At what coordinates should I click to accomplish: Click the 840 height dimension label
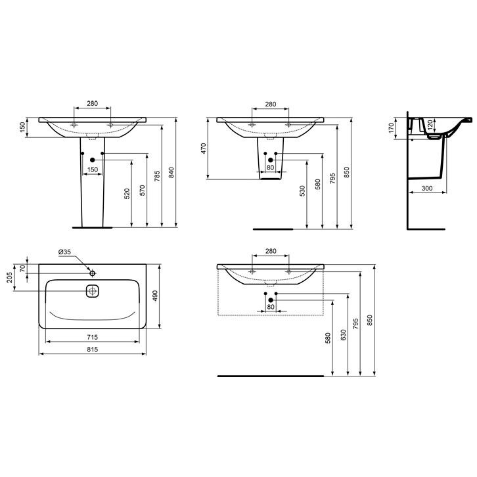(x=171, y=173)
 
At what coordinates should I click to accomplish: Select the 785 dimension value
(x=156, y=176)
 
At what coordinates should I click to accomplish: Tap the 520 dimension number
(x=127, y=194)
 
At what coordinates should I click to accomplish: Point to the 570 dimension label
(x=142, y=191)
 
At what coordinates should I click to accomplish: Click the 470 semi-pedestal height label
(x=204, y=148)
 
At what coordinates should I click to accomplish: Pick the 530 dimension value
(x=302, y=191)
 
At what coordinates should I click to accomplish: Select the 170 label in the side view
(x=391, y=128)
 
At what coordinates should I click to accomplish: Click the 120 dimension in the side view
(x=430, y=124)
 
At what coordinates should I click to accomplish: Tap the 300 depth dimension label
(x=427, y=189)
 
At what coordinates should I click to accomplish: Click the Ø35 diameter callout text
(x=64, y=252)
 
